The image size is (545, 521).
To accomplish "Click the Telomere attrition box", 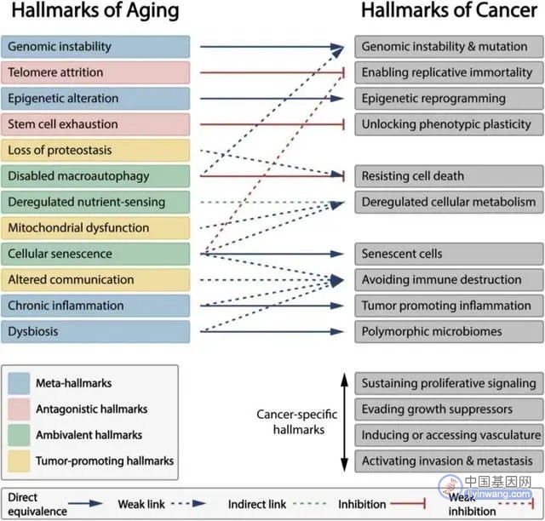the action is [95, 72].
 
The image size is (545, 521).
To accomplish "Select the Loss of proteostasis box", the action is [95, 151].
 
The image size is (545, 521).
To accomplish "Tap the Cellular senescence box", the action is [95, 254].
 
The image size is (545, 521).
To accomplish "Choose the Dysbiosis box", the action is [95, 332].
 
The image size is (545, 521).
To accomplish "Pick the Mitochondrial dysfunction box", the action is [95, 228].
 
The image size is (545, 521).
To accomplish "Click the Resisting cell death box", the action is [449, 176].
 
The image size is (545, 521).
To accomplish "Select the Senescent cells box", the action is [449, 254].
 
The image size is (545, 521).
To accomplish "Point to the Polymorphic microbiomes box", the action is [449, 332].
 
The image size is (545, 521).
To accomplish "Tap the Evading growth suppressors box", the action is [449, 409].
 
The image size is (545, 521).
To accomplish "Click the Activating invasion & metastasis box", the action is [449, 461].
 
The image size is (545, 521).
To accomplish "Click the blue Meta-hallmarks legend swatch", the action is [19, 383].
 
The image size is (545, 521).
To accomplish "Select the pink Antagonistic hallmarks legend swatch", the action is [19, 409].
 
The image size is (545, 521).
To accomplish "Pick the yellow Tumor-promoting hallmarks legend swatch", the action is [19, 461].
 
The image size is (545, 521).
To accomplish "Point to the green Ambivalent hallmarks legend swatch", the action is [19, 435].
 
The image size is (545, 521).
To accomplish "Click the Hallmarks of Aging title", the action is [95, 11].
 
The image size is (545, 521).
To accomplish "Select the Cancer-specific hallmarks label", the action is [297, 422].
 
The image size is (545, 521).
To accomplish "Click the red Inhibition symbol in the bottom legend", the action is [408, 503].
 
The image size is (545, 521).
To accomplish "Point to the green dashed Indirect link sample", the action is [310, 503].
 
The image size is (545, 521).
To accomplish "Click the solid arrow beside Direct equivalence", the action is [85, 503].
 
